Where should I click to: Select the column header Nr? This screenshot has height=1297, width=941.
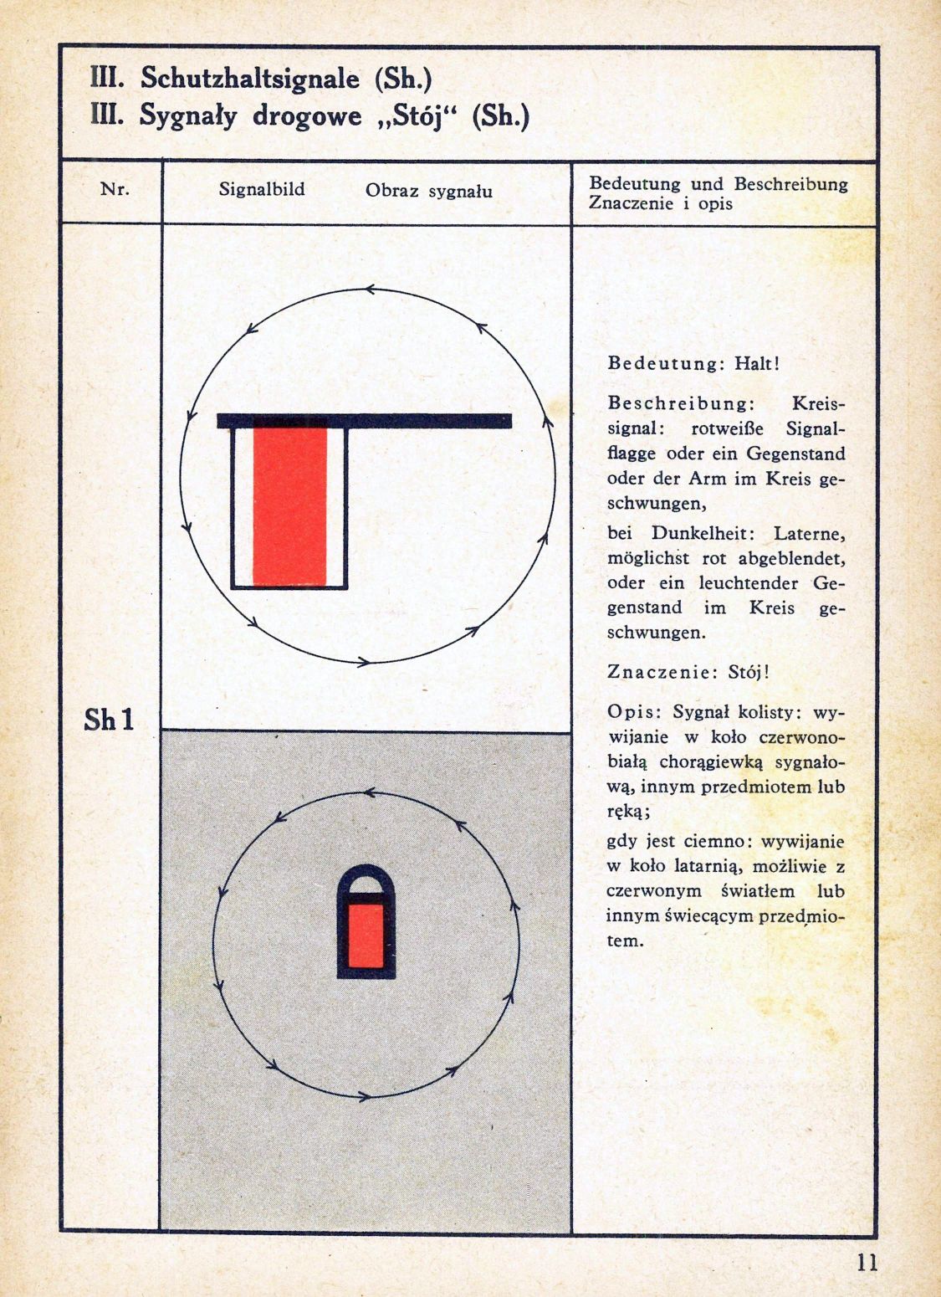[115, 189]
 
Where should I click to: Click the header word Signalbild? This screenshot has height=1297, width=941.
[262, 190]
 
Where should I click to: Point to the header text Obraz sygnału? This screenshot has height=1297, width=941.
[428, 191]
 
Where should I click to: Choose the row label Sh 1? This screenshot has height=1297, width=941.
[109, 720]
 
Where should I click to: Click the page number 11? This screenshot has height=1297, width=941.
[867, 1262]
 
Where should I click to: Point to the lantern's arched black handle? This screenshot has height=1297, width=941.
[366, 874]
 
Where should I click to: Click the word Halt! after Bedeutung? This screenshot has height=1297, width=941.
[756, 364]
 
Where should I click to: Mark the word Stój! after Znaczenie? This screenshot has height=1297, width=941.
[749, 672]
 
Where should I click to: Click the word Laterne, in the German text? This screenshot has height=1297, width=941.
[809, 532]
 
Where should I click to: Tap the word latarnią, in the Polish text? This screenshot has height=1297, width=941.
[721, 867]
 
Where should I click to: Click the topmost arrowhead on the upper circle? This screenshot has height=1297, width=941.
[369, 290]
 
